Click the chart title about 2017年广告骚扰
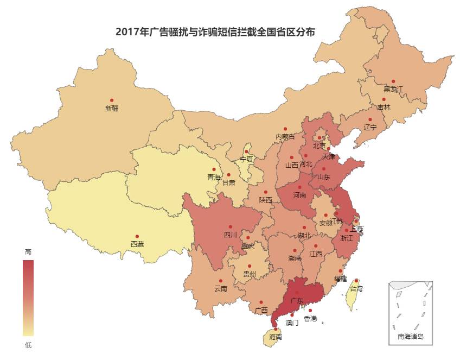coord(215,32)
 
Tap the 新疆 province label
coord(112,108)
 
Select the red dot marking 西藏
coord(137,237)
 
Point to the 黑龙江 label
coord(393,89)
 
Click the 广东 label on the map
coord(297,300)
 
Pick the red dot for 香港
coord(310,311)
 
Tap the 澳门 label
coord(292,323)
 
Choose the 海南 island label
coord(276,337)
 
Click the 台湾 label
coord(356,288)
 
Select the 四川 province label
coord(230,235)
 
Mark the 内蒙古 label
coord(285,136)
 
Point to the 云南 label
coord(221,288)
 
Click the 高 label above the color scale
coord(28,252)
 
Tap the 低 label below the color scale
coord(28,345)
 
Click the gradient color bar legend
coord(28,298)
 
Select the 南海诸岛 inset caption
coord(411,336)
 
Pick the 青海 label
coord(214,177)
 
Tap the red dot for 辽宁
coord(370,119)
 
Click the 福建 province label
coord(340,279)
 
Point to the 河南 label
coord(299,195)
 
